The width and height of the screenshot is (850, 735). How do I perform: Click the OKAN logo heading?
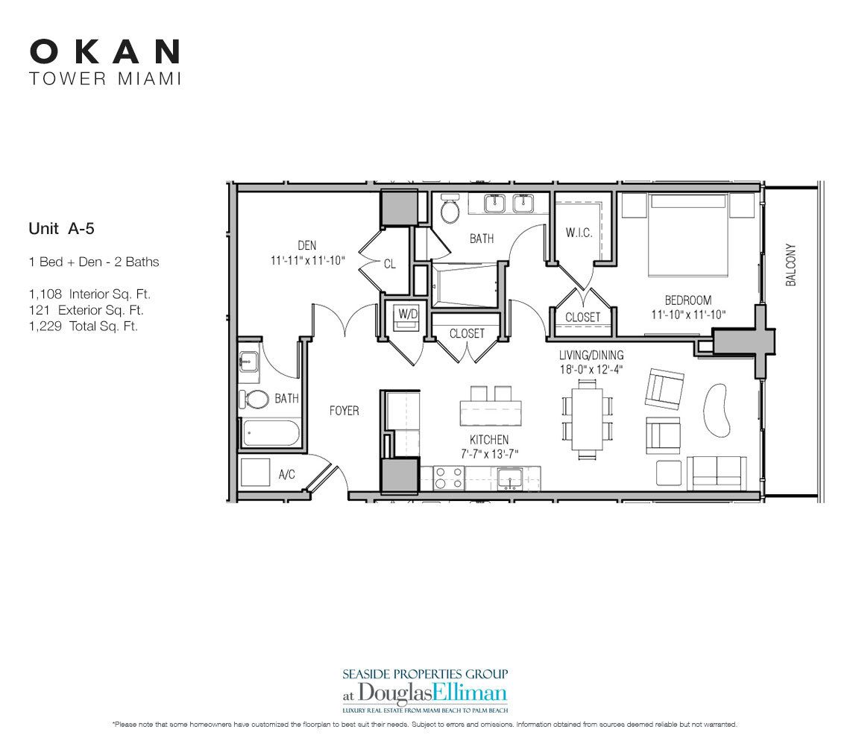pyautogui.click(x=104, y=51)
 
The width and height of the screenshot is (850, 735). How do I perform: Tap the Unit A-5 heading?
pyautogui.click(x=62, y=230)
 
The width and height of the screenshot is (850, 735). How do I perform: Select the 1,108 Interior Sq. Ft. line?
pyautogui.click(x=89, y=294)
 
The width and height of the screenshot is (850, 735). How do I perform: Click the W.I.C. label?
pyautogui.click(x=579, y=233)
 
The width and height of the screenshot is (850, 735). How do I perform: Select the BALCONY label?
pyautogui.click(x=791, y=265)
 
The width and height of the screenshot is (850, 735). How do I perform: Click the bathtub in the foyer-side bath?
pyautogui.click(x=269, y=432)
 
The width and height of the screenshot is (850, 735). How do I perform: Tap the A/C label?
pyautogui.click(x=287, y=474)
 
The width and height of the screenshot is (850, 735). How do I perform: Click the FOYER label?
pyautogui.click(x=344, y=411)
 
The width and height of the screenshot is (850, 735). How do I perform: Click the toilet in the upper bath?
pyautogui.click(x=450, y=211)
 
